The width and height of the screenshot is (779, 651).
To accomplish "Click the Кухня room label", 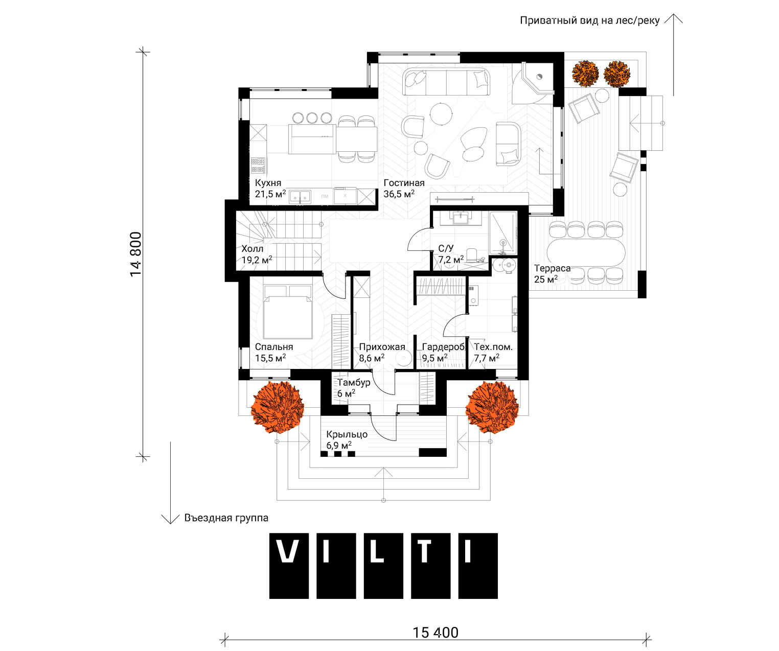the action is (268, 183).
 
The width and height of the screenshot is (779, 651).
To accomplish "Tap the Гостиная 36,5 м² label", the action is (404, 189).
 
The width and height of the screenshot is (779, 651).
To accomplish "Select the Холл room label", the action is (252, 249).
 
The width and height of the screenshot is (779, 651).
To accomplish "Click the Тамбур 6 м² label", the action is (353, 388).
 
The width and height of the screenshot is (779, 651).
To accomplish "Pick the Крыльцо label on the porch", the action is (347, 434).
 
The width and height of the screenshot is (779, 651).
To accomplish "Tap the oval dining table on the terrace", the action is (586, 252).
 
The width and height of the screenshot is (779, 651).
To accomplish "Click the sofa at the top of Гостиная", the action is (446, 81).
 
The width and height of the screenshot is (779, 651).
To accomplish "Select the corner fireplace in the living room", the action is (533, 83).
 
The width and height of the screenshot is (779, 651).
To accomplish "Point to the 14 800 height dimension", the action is (136, 254).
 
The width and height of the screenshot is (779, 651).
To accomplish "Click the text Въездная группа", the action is (226, 518).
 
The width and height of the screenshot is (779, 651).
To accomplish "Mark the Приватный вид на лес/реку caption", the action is (589, 20).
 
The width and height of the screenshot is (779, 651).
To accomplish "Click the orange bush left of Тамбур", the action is (277, 407).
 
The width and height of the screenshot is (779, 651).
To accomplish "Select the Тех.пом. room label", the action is (493, 347).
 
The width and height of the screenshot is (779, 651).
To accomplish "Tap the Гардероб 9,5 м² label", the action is (443, 353).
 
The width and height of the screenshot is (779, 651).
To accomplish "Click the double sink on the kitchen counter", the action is (301, 196).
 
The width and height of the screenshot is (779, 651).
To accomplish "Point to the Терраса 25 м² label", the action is (552, 273).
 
